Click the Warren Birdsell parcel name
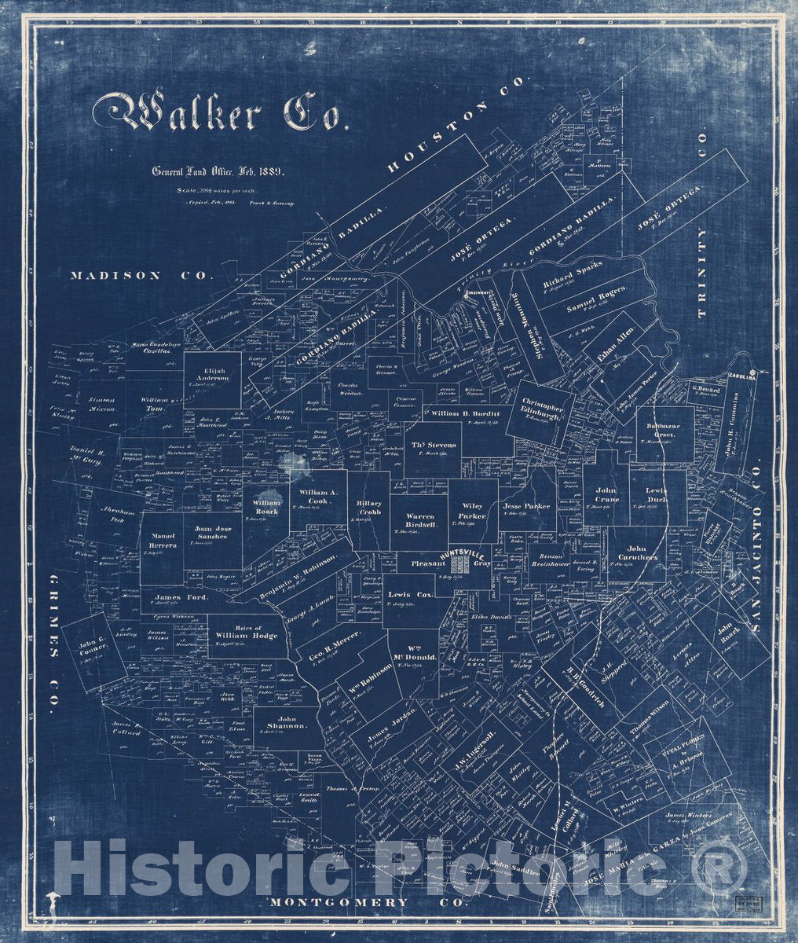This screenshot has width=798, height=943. (419, 519)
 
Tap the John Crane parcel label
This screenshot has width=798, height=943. (606, 494)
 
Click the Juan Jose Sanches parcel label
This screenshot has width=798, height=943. (210, 532)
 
